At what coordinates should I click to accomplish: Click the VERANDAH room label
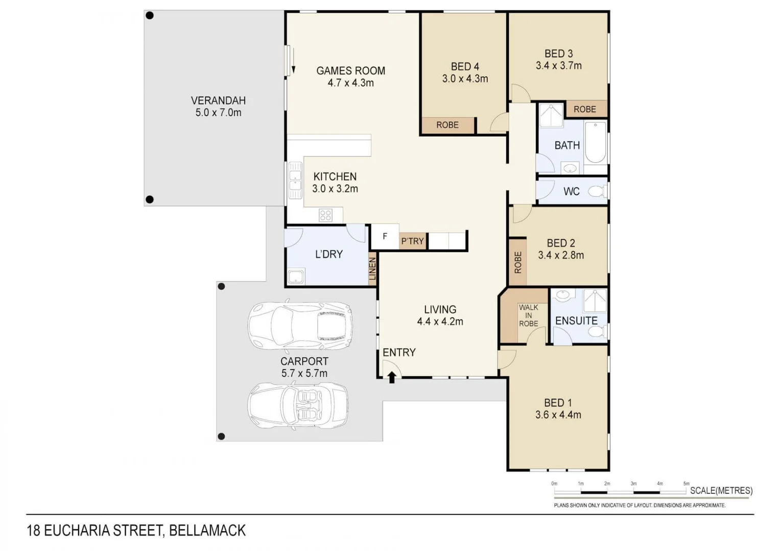click(218, 101)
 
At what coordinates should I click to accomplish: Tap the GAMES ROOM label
click(350, 71)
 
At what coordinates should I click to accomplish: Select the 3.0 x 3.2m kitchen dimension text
click(335, 189)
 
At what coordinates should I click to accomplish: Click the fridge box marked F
click(385, 237)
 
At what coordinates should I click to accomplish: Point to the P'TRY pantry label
click(412, 241)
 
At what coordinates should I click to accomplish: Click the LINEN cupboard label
click(372, 269)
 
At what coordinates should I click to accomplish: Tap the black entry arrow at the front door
click(392, 378)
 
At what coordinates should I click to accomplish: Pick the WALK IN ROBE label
click(528, 315)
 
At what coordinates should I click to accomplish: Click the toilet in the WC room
click(597, 191)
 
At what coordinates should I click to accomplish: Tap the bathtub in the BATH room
click(595, 142)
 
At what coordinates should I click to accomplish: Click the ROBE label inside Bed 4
click(447, 125)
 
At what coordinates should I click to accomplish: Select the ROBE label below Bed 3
click(584, 109)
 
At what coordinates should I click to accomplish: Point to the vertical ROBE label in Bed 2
click(518, 262)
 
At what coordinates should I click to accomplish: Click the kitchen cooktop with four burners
click(325, 215)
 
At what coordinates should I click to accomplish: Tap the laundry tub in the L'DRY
click(296, 277)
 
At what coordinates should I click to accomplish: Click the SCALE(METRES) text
click(721, 491)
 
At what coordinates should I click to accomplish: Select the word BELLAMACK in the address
click(207, 531)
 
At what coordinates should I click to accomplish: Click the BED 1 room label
click(558, 403)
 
